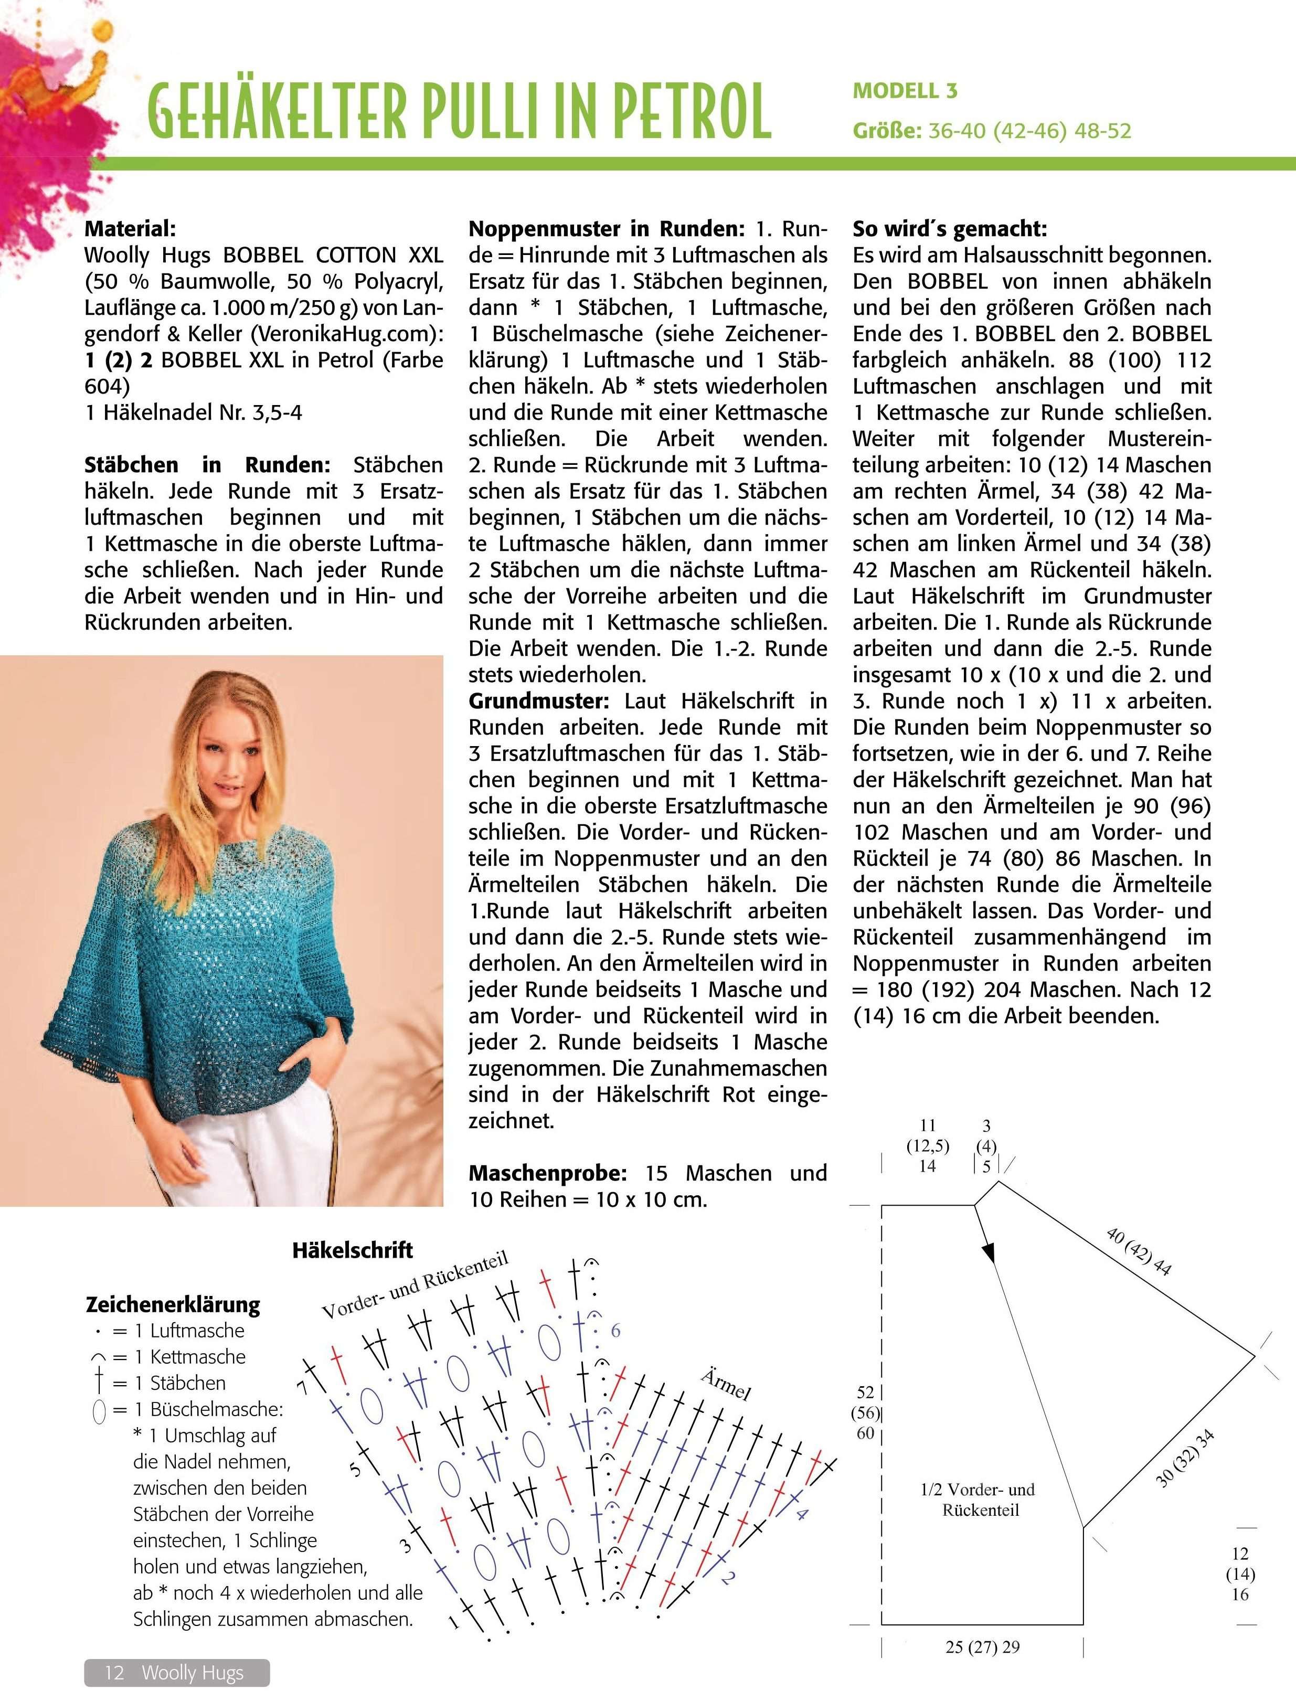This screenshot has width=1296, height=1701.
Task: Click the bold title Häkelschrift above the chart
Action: click(x=353, y=1250)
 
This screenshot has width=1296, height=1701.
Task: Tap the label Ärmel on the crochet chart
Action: click(x=726, y=1384)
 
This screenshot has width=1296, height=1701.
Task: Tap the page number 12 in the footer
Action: click(x=114, y=1673)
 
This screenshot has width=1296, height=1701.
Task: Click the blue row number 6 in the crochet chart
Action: click(x=615, y=1330)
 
